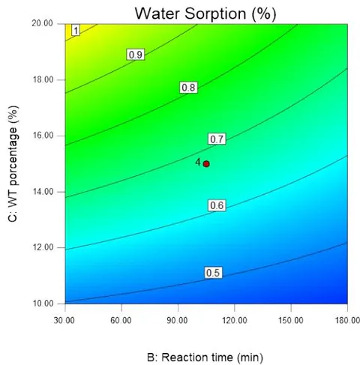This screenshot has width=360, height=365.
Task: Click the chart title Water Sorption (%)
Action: [205, 13]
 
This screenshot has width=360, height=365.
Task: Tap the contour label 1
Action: [76, 31]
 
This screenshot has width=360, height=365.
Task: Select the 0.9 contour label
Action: [136, 55]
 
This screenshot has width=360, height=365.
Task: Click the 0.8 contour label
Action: [188, 88]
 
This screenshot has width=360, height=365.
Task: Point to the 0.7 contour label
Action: [217, 139]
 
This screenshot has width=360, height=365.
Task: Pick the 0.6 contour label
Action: [217, 205]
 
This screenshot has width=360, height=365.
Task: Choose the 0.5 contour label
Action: [213, 273]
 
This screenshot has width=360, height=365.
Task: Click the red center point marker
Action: [206, 164]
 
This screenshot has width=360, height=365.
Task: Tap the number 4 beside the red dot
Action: [198, 162]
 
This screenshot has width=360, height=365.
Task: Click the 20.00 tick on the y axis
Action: [43, 23]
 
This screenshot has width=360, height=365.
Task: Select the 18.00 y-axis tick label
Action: [43, 79]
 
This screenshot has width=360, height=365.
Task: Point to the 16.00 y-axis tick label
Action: [43, 136]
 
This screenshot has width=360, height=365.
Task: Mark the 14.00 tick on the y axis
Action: [43, 192]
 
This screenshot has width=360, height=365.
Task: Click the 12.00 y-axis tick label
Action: [43, 247]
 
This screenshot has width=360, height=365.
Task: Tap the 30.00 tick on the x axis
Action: [64, 320]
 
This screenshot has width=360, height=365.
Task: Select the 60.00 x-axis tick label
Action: [121, 320]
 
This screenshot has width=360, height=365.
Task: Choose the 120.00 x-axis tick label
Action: [235, 320]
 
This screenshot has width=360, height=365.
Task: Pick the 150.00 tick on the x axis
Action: [291, 320]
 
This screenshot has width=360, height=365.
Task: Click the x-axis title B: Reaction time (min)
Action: [205, 358]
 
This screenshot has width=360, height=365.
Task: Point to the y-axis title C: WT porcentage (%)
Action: [13, 163]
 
